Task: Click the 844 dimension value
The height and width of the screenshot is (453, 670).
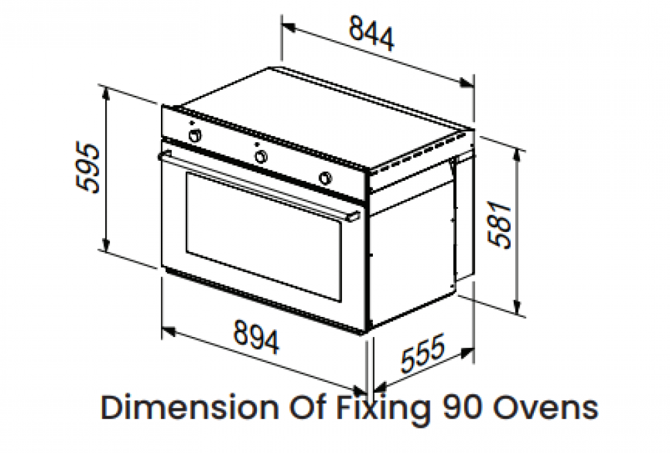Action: [x=372, y=34]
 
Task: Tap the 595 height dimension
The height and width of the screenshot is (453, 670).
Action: [x=88, y=168]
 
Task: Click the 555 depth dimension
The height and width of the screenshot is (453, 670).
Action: [x=423, y=354]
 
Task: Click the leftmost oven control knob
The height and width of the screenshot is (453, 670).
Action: [x=195, y=135]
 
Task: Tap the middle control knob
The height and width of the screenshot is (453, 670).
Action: [x=260, y=156]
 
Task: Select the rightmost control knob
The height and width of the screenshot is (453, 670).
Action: [x=325, y=178]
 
